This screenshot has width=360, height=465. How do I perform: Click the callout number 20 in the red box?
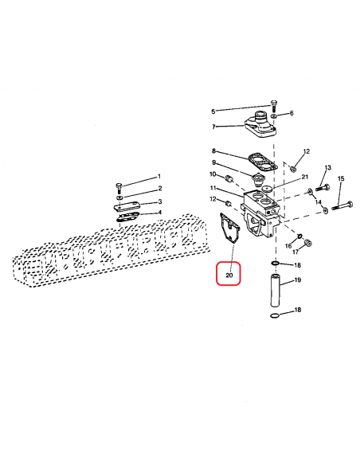(229, 275)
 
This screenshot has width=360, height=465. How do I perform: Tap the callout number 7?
(213, 127)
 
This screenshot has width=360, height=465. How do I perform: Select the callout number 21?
(305, 177)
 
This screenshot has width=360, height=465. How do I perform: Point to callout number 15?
(341, 178)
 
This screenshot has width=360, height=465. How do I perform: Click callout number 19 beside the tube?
(297, 279)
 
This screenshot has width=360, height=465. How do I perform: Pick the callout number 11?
(213, 188)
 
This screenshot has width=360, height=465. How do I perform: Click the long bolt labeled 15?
(342, 205)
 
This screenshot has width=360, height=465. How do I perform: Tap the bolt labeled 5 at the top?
(273, 106)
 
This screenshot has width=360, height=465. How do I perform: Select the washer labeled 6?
(275, 115)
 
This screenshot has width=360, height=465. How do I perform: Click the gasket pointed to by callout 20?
(228, 228)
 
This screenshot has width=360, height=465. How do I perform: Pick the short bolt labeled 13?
(323, 188)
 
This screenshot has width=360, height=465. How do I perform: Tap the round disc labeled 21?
(268, 189)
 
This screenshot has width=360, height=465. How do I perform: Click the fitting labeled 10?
(229, 179)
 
